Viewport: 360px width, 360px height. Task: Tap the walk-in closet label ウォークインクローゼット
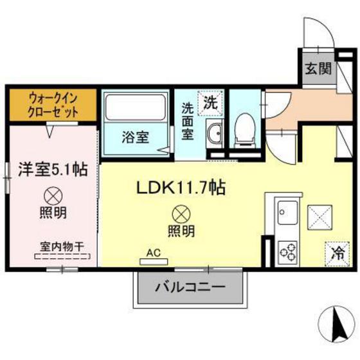[53, 104]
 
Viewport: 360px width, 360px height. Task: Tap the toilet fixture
[244, 128]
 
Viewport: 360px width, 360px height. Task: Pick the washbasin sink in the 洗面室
[214, 134]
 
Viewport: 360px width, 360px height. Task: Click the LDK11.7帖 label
[179, 188]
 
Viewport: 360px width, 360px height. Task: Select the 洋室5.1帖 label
[53, 170]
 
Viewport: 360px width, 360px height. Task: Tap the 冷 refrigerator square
[336, 251]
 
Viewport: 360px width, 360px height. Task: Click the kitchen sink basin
[287, 210]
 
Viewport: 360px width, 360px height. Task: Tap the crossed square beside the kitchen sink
[319, 216]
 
